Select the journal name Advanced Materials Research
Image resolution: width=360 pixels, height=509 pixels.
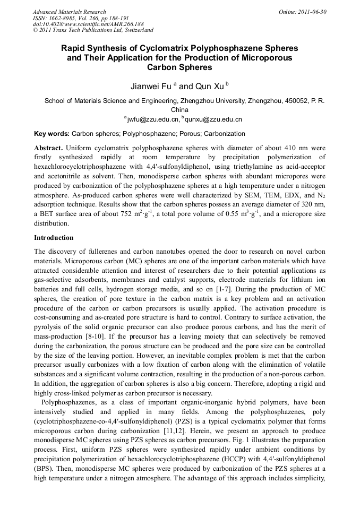(x=69, y=12)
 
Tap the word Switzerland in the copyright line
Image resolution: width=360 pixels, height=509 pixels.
(x=136, y=31)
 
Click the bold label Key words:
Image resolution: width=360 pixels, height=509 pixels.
(x=52, y=134)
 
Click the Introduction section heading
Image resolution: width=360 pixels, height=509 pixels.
(x=54, y=237)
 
